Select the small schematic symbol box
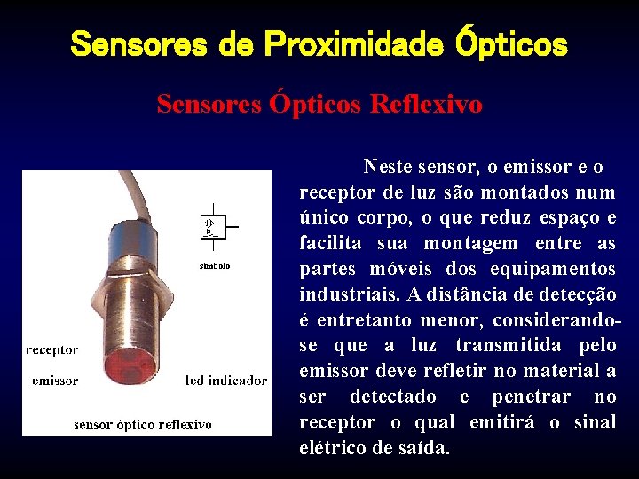213,226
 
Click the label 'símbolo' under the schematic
215,266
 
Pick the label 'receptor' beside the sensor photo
52,349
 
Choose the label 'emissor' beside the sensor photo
55,381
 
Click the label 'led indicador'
226,381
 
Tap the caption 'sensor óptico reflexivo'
143,424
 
